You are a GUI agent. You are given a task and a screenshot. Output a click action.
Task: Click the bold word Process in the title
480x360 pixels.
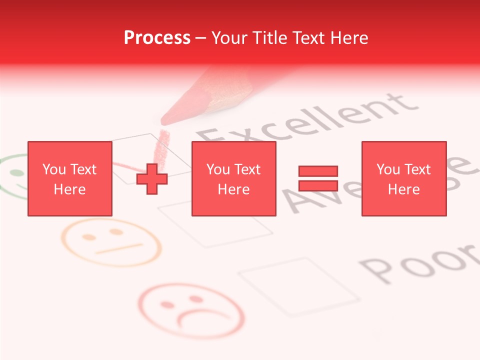click(157, 38)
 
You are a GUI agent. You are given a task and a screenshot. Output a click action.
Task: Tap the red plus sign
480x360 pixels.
click(152, 178)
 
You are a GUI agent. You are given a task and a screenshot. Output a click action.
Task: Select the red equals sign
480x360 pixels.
click(318, 178)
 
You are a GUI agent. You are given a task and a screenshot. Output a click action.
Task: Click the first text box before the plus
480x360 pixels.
click(69, 178)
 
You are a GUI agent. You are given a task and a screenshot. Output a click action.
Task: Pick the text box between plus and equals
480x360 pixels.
click(233, 178)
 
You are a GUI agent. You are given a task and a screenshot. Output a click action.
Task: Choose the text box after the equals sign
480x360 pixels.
click(403, 178)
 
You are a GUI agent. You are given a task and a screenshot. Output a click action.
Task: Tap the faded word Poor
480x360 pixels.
click(420, 260)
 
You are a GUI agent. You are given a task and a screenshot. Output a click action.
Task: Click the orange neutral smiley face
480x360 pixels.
click(111, 242)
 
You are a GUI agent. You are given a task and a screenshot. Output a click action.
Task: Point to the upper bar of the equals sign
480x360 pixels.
click(318, 171)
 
